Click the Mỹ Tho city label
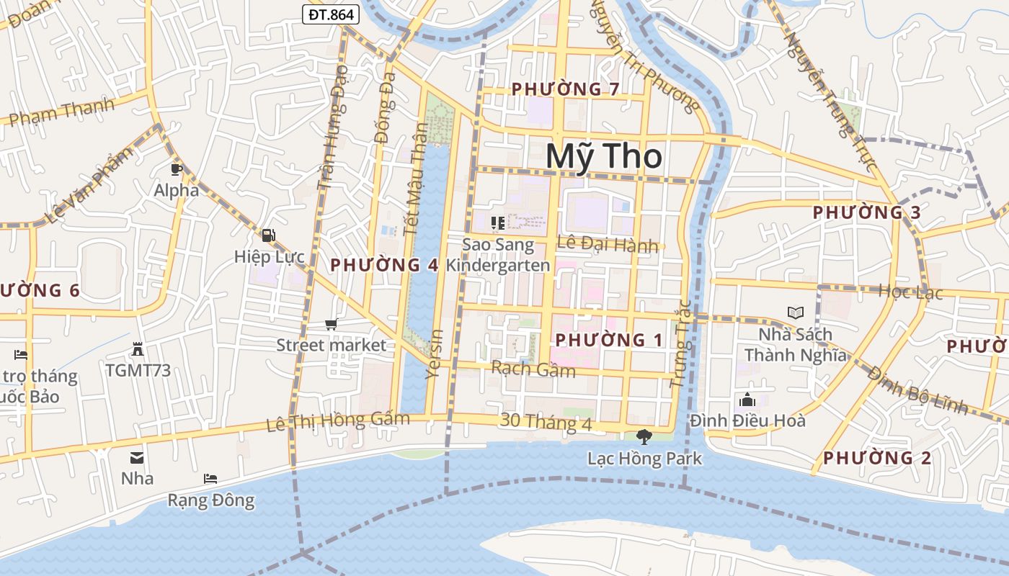(604, 157)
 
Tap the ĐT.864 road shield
(330, 14)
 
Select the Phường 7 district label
(566, 89)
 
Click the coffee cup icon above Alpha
(177, 170)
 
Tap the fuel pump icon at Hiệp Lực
(268, 235)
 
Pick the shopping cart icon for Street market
(331, 325)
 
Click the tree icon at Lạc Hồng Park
(644, 436)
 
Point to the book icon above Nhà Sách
(795, 313)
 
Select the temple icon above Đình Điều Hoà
(747, 399)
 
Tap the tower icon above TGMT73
(138, 349)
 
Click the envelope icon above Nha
(136, 457)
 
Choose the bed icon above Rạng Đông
(210, 478)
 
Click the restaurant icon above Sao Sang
(497, 223)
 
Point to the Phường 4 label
(384, 265)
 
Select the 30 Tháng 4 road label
(546, 422)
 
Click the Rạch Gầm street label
(533, 369)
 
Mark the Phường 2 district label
(877, 458)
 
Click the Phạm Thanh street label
(63, 112)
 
